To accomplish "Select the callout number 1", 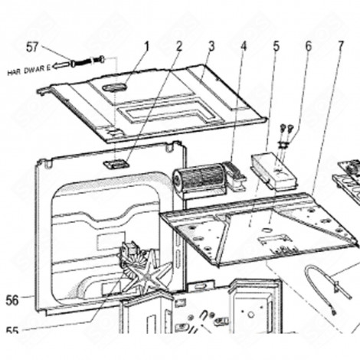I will pyautogui.click(x=146, y=47).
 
